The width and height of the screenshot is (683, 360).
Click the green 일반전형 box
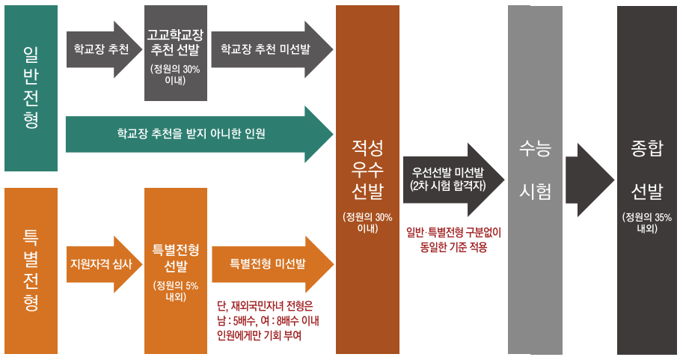point(31,88)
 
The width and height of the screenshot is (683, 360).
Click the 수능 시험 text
point(535,170)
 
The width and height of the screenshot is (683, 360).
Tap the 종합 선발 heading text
point(647,170)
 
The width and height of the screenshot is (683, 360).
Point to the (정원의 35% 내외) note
point(647,223)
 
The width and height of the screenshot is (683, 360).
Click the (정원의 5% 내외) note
point(175,290)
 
